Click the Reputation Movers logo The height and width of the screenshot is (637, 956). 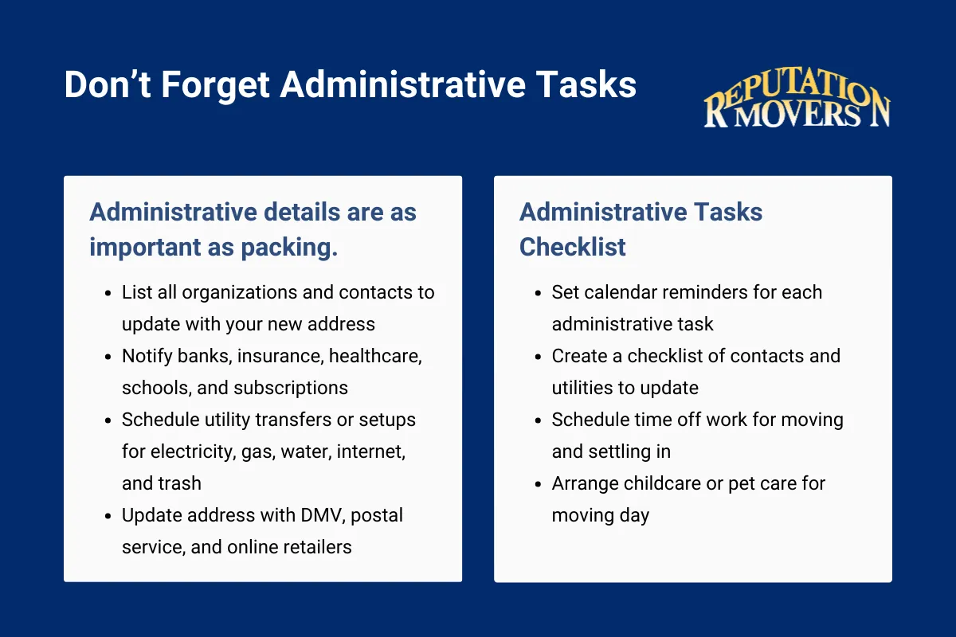[x=797, y=101]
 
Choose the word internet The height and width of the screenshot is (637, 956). [x=371, y=451]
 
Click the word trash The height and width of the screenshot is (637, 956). [x=179, y=483]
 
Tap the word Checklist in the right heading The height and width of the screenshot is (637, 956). [x=573, y=247]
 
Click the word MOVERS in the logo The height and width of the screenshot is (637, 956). [x=797, y=114]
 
